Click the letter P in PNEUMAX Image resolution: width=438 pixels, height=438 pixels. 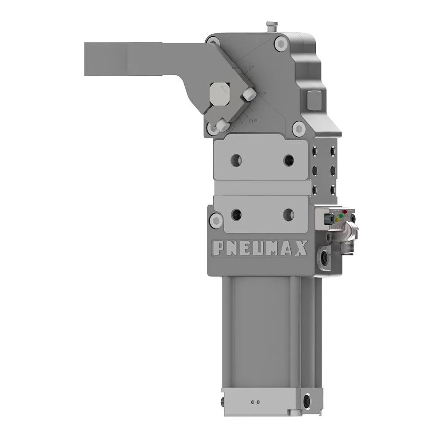pos(219,248)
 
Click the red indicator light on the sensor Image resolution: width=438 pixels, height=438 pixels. pos(345,212)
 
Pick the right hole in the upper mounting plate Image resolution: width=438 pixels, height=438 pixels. pos(289,160)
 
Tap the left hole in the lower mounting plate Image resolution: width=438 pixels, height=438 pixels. pos(237,214)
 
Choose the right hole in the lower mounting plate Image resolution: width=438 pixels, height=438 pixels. pos(288,214)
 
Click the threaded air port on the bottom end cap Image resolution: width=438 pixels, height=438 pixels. pos(307,400)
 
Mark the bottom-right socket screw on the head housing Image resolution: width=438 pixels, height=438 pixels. pos(300,129)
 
